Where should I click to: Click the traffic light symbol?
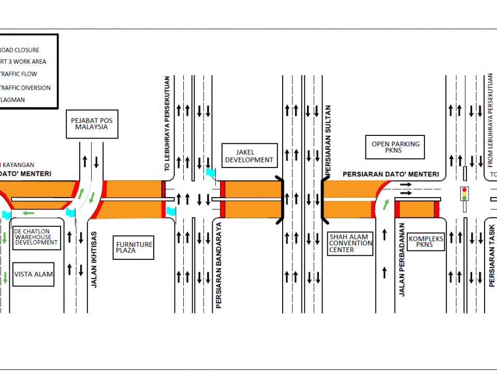click(464, 194)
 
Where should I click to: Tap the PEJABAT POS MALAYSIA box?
click(92, 124)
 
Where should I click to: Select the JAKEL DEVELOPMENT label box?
click(248, 155)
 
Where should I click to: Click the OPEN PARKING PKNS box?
click(396, 147)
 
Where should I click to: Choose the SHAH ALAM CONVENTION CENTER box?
click(350, 243)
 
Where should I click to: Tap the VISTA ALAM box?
click(34, 274)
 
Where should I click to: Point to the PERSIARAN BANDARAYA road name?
click(218, 266)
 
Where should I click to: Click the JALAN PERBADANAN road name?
click(402, 260)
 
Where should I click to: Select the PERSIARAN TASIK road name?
click(491, 254)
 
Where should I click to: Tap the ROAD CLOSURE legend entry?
click(20, 50)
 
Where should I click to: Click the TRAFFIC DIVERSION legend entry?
click(25, 88)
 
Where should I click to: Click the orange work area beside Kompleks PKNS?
click(417, 209)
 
